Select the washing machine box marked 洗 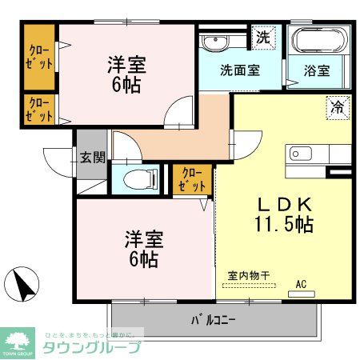[x=262, y=37]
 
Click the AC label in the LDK [x=302, y=283]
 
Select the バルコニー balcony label [x=213, y=321]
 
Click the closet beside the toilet [x=193, y=179]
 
